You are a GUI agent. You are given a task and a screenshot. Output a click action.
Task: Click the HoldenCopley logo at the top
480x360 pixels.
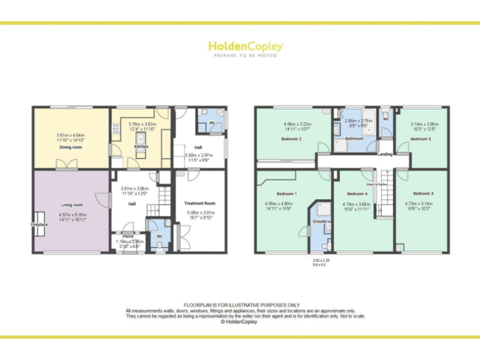tap(245, 46)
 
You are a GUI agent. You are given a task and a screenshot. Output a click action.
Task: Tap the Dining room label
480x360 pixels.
tap(71, 147)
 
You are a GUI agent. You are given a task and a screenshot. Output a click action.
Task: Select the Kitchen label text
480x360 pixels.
tap(141, 146)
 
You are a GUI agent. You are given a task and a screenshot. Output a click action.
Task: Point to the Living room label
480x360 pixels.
tap(72, 204)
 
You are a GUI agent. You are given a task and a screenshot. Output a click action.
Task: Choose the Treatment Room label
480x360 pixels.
tap(200, 203)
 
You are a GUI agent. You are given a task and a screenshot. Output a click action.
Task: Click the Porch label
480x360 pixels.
tap(128, 236)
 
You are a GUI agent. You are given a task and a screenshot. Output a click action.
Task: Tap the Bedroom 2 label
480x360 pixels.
tap(291, 139)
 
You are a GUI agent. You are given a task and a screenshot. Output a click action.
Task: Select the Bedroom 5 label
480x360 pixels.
tap(421, 139)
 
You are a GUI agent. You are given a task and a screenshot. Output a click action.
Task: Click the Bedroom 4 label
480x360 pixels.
tap(357, 194)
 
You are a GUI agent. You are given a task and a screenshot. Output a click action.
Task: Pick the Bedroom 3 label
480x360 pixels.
tap(423, 194)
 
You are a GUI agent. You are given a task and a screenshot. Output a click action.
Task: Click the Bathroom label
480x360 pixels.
tap(354, 139)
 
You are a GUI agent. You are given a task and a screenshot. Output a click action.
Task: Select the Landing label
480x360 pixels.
tap(384, 153)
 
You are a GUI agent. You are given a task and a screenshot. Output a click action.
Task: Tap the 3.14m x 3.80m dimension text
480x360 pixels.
tap(424, 124)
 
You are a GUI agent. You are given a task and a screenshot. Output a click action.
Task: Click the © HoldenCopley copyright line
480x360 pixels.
tap(239, 322)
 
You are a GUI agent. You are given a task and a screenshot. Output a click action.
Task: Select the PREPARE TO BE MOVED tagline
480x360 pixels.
tap(245, 56)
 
